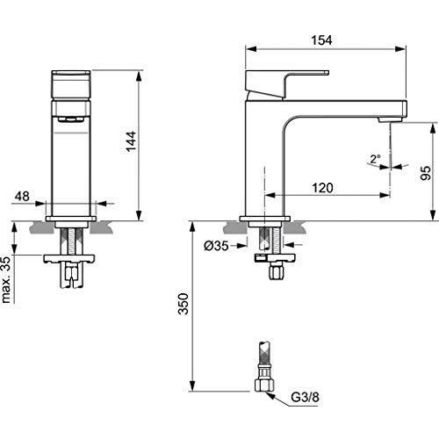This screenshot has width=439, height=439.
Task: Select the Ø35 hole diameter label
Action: point(216,247)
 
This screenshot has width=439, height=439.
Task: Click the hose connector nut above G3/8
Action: point(263,384)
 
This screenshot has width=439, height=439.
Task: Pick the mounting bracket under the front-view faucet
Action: point(71,258)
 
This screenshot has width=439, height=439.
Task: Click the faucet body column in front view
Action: point(71,162)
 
